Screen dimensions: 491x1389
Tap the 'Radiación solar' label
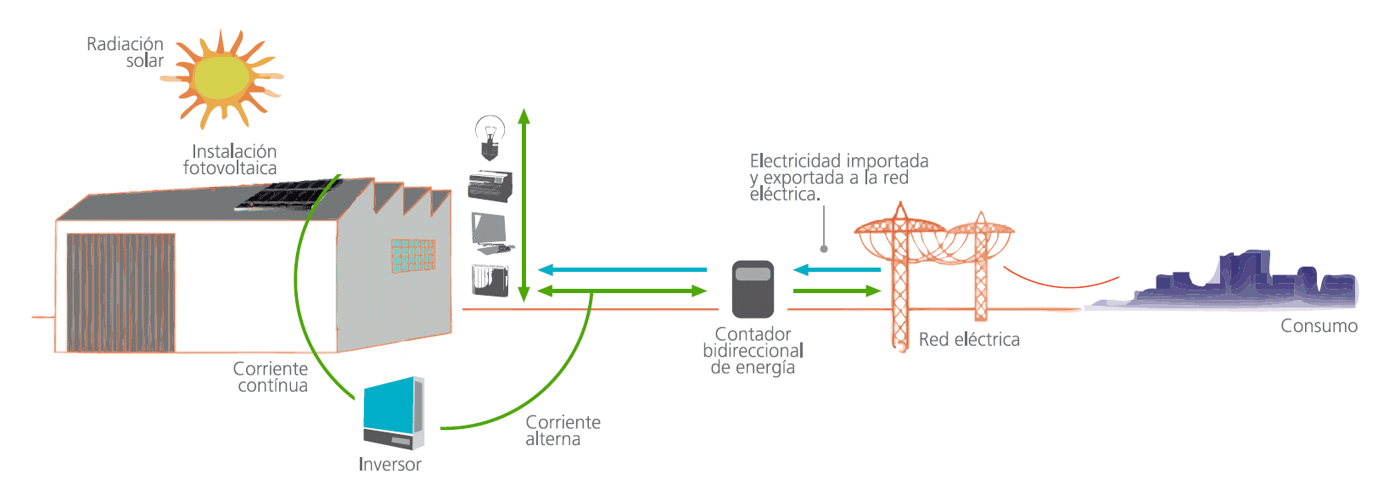click(x=126, y=52)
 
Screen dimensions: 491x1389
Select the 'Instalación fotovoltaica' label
click(x=231, y=160)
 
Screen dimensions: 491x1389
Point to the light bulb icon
click(x=490, y=138)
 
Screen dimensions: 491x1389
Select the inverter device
click(x=393, y=413)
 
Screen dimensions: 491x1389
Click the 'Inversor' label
click(x=389, y=465)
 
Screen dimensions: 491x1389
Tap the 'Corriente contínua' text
click(x=272, y=377)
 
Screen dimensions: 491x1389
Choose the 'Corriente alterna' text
click(x=563, y=431)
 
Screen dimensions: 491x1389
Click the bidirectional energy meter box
click(x=753, y=289)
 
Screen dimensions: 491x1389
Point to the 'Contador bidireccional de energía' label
click(x=753, y=351)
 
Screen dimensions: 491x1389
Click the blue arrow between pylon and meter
click(x=837, y=270)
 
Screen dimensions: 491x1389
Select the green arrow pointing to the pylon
click(x=837, y=291)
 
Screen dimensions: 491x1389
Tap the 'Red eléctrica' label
click(x=969, y=340)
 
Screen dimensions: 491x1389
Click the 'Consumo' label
click(x=1319, y=326)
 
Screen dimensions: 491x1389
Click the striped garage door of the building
click(x=121, y=292)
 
